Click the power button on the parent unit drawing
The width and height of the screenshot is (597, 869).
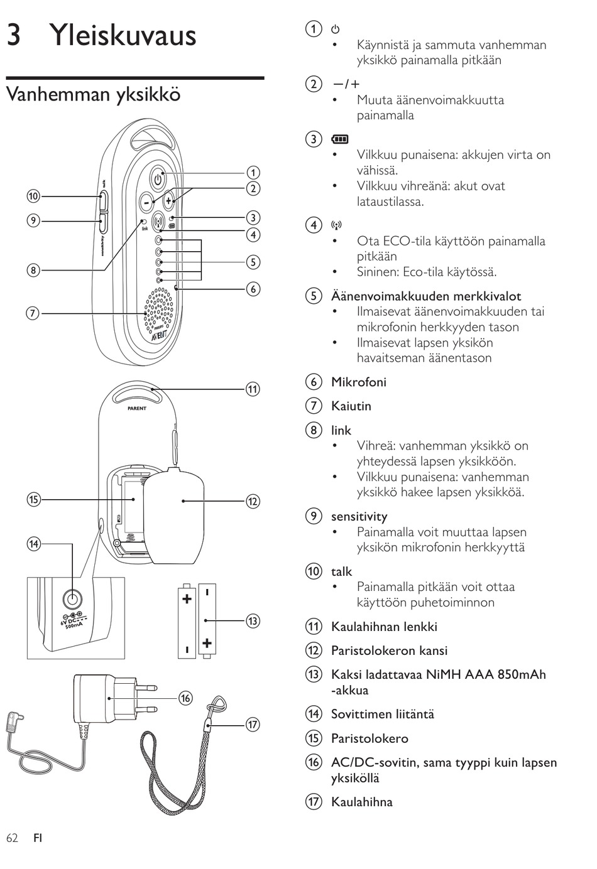coord(158,179)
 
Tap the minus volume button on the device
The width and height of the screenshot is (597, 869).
coord(146,202)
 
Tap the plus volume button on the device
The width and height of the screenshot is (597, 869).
coord(169,200)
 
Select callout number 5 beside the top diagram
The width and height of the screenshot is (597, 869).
coord(253,262)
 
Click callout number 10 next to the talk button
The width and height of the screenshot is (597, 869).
coord(33,197)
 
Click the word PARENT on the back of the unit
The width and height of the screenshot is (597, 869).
coord(137,408)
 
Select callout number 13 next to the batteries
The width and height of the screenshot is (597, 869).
coord(253,621)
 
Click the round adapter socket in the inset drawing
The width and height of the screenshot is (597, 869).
coord(72,600)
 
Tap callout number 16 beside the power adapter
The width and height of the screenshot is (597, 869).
coord(185,698)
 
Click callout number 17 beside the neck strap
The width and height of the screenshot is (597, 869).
coord(253,725)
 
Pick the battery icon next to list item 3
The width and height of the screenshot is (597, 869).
coord(339,139)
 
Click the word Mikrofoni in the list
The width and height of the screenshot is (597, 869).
coord(359,382)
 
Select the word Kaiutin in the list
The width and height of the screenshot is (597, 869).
coord(351,406)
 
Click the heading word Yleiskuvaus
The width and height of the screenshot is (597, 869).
coord(123,35)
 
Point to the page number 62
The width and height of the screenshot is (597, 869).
coord(12,838)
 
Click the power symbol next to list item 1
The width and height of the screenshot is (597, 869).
coord(335,29)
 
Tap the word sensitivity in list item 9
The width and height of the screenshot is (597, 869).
coord(359,516)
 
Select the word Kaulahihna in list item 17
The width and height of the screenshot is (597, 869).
coord(362,802)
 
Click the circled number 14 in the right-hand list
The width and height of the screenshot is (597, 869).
coord(314,714)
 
